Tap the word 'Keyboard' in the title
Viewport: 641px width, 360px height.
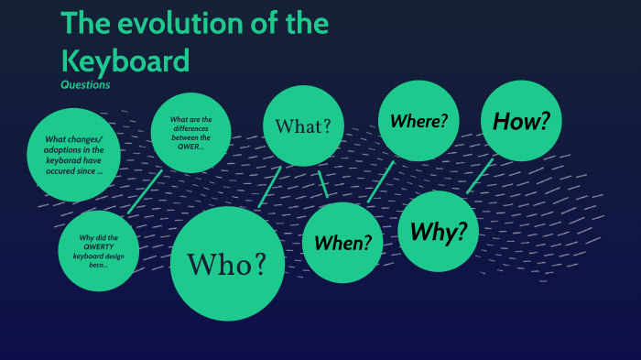pyautogui.click(x=125, y=60)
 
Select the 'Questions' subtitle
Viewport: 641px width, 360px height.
pyautogui.click(x=85, y=85)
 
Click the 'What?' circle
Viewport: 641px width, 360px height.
pyautogui.click(x=303, y=125)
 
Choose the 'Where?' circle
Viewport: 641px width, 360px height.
pyautogui.click(x=418, y=121)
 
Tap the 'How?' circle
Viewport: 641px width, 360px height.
pyautogui.click(x=521, y=121)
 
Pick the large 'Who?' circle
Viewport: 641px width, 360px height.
pyautogui.click(x=227, y=264)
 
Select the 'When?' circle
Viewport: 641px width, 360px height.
pyautogui.click(x=342, y=243)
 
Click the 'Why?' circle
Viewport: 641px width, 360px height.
pyautogui.click(x=439, y=232)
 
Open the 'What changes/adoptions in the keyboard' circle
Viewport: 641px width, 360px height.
pyautogui.click(x=74, y=156)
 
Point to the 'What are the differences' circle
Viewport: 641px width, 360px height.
pyautogui.click(x=190, y=133)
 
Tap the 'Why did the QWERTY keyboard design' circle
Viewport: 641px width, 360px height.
pyautogui.click(x=98, y=251)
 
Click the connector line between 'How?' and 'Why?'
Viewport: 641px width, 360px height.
pyautogui.click(x=480, y=176)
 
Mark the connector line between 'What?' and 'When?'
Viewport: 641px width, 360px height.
pyautogui.click(x=322, y=184)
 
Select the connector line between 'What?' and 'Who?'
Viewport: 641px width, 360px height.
pyautogui.click(x=269, y=187)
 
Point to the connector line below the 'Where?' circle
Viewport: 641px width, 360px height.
pyautogui.click(x=381, y=181)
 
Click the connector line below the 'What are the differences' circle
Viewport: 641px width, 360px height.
pyautogui.click(x=146, y=191)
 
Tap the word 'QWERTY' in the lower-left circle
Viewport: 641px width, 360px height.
pyautogui.click(x=98, y=246)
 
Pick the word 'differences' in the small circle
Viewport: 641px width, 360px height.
pyautogui.click(x=190, y=128)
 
